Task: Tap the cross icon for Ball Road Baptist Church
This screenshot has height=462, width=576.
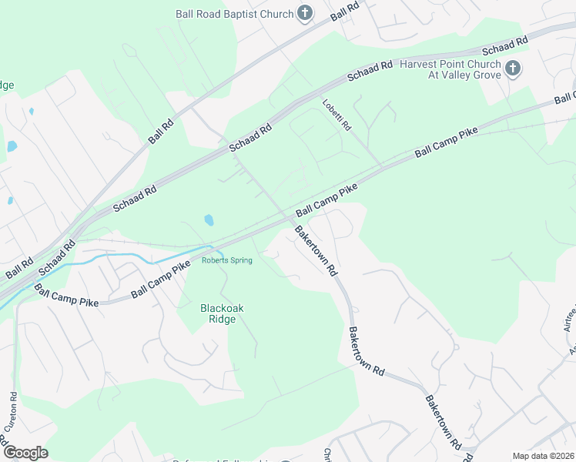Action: pyautogui.click(x=305, y=13)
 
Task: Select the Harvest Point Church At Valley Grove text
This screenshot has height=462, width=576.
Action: pyautogui.click(x=450, y=70)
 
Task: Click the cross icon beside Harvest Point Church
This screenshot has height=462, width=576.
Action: pyautogui.click(x=513, y=70)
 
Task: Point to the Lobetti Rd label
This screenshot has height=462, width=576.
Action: pyautogui.click(x=337, y=115)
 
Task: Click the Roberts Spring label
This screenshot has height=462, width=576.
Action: pyautogui.click(x=226, y=260)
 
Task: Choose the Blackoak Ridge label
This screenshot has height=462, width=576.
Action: pyautogui.click(x=222, y=313)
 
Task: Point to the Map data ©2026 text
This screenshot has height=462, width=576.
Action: pyautogui.click(x=543, y=456)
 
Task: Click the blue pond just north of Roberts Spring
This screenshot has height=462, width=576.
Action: pyautogui.click(x=209, y=220)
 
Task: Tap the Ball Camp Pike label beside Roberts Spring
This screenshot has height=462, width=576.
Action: pyautogui.click(x=160, y=280)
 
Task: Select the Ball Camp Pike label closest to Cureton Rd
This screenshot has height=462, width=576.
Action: pyautogui.click(x=66, y=296)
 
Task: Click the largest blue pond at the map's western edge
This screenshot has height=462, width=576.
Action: pyautogui.click(x=12, y=146)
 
